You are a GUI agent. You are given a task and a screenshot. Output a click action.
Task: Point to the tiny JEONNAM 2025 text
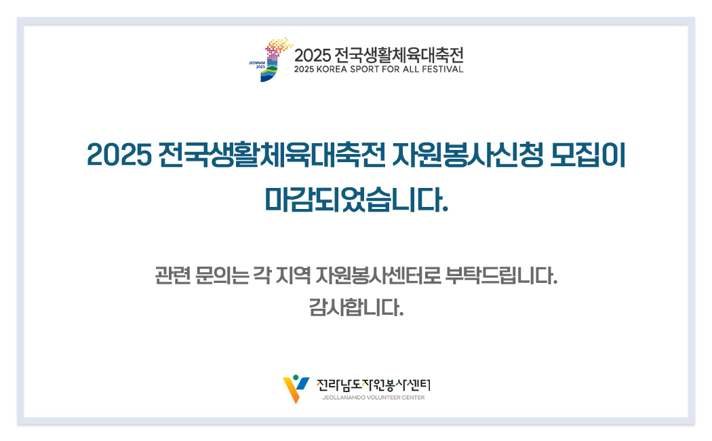click(257, 64)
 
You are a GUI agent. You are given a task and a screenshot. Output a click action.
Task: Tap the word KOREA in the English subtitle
click(332, 69)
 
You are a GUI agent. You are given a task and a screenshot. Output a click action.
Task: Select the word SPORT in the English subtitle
click(365, 69)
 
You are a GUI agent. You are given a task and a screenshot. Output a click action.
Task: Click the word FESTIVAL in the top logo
click(443, 69)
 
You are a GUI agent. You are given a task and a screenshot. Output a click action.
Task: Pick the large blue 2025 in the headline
click(119, 155)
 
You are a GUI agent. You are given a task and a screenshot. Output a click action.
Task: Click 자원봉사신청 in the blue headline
click(467, 155)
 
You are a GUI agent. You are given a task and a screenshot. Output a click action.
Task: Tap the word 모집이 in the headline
click(588, 155)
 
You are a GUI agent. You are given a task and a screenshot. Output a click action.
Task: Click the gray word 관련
click(172, 275)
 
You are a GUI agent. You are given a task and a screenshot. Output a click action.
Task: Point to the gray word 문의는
click(222, 275)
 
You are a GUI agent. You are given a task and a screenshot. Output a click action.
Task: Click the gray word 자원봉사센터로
click(378, 275)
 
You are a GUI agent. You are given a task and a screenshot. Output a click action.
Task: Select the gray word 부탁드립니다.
click(502, 275)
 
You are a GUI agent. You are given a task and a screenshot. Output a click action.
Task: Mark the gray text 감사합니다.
click(356, 307)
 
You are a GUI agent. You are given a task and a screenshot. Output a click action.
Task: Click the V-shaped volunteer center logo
click(296, 389)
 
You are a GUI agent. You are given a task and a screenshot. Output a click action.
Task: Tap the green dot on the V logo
click(296, 377)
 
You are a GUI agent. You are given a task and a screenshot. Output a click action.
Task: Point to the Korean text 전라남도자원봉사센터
click(373, 385)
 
